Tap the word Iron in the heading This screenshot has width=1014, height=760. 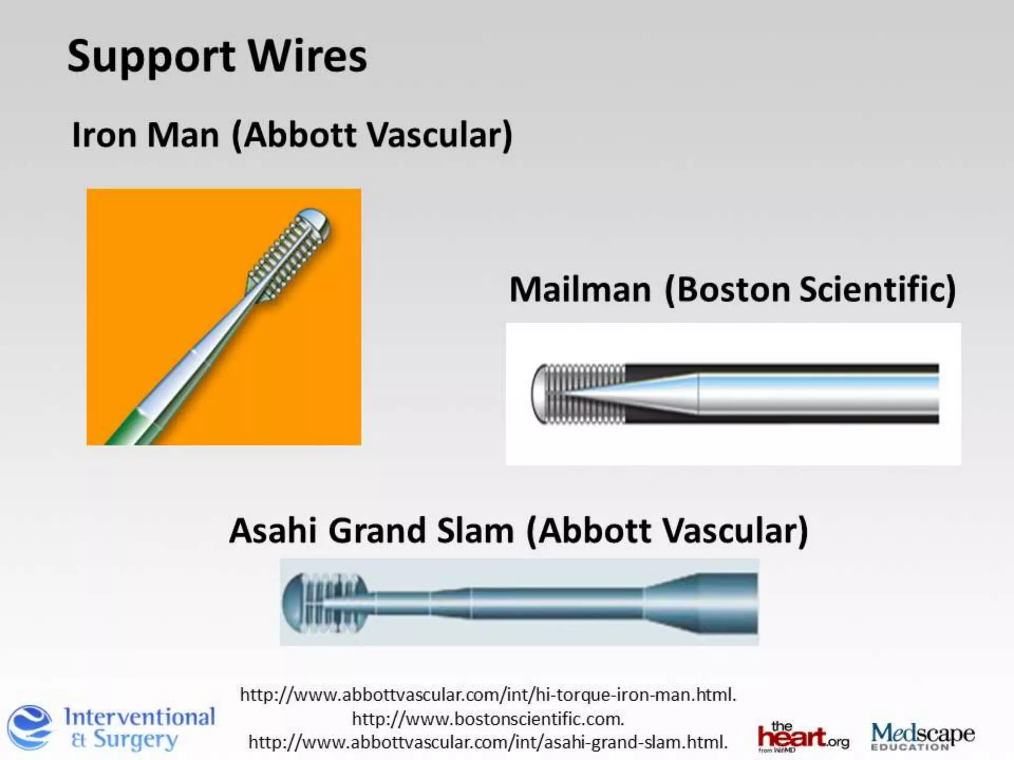(103, 135)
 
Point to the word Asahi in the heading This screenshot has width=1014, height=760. (273, 531)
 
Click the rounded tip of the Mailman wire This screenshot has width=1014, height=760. (538, 394)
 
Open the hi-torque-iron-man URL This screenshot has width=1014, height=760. (488, 695)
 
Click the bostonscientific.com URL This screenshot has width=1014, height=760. (488, 718)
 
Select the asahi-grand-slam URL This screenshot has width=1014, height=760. (488, 742)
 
